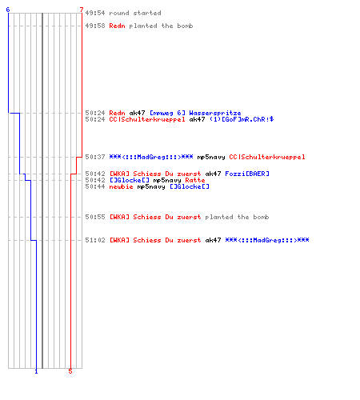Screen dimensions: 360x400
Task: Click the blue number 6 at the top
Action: point(8,10)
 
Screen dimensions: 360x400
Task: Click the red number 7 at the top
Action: point(82,10)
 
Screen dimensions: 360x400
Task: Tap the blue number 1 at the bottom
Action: point(36,371)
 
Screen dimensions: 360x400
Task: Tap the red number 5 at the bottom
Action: point(70,371)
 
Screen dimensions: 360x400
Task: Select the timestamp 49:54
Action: point(95,13)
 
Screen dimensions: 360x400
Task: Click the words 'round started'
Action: point(135,13)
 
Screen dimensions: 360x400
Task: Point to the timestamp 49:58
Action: point(95,26)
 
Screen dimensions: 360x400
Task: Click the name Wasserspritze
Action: point(215,113)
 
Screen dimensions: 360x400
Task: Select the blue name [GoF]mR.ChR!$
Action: point(242,119)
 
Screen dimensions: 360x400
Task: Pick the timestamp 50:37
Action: point(95,157)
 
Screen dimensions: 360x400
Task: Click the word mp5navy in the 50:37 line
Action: point(211,157)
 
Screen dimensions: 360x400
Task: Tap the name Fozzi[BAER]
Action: point(247,174)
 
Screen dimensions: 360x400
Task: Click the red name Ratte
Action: point(195,180)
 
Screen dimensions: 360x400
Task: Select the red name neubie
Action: point(121,186)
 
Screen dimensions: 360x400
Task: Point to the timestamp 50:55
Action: point(95,217)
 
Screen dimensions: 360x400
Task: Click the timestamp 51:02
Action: point(95,240)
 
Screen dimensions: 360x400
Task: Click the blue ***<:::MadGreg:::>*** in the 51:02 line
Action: point(267,240)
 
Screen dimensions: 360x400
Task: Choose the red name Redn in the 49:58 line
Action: point(117,26)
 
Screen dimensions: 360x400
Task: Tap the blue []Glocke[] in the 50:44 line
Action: point(190,186)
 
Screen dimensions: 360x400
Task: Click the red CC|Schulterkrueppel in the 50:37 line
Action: point(267,157)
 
